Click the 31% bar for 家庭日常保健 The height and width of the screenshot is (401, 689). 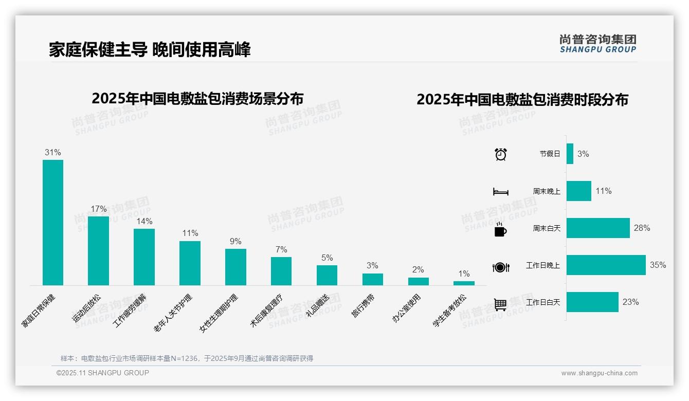tap(53, 222)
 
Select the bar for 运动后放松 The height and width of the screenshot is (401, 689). tap(98, 250)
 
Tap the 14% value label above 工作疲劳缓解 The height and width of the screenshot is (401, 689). tap(144, 222)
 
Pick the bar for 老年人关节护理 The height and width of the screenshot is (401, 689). tap(190, 263)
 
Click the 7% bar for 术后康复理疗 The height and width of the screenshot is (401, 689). tap(281, 271)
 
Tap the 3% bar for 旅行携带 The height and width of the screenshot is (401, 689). tap(372, 279)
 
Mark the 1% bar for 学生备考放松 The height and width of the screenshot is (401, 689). tap(464, 283)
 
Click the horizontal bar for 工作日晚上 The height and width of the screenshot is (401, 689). tap(606, 265)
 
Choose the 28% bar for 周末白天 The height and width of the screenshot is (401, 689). tap(598, 228)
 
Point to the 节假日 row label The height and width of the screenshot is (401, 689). tap(550, 154)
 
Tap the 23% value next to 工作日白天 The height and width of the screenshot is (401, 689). tap(630, 302)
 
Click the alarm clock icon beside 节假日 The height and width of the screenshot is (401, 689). tap(500, 154)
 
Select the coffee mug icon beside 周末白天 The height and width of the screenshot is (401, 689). tap(500, 229)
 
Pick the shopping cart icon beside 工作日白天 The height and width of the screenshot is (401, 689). tap(500, 304)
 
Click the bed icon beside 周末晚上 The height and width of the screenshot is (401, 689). tap(500, 192)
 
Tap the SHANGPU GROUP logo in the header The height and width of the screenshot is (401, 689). tap(597, 44)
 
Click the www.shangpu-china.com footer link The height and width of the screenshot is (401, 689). tap(599, 373)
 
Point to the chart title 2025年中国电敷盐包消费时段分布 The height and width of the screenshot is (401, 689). tap(522, 100)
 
